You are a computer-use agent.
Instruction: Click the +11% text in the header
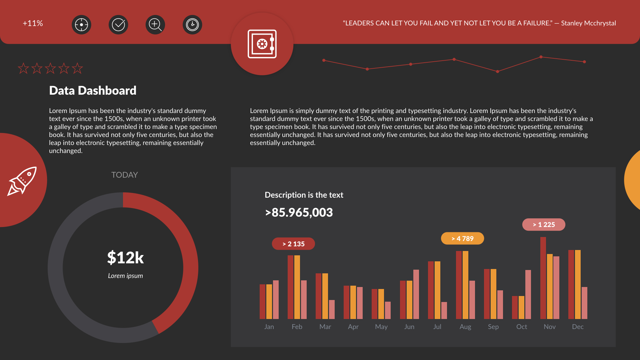coord(33,23)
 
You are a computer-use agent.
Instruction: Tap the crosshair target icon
coord(81,25)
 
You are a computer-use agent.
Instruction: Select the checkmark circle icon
coord(118,25)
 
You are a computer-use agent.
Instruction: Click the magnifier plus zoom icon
coord(155,25)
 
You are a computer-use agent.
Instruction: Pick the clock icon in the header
coord(192,25)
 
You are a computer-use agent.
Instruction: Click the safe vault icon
coord(262,44)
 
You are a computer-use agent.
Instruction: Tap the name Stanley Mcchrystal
coord(588,23)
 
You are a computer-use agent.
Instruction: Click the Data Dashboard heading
coord(93,91)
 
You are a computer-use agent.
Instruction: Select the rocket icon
coord(22,181)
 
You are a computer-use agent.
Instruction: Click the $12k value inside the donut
coord(125,258)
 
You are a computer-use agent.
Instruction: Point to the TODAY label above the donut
coord(124,175)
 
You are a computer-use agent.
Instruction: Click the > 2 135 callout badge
coord(293,244)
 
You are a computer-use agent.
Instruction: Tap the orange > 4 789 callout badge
coord(462,238)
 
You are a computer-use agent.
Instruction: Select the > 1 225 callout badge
coord(544,225)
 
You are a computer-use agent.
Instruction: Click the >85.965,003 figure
coord(299,213)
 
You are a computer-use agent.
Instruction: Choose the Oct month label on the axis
coord(521,327)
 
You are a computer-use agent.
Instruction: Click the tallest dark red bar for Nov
coord(543,278)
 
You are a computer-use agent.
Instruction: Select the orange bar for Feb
coord(297,287)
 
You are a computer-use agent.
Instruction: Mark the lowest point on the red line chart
coord(497,72)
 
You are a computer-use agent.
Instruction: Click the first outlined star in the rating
coord(23,68)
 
